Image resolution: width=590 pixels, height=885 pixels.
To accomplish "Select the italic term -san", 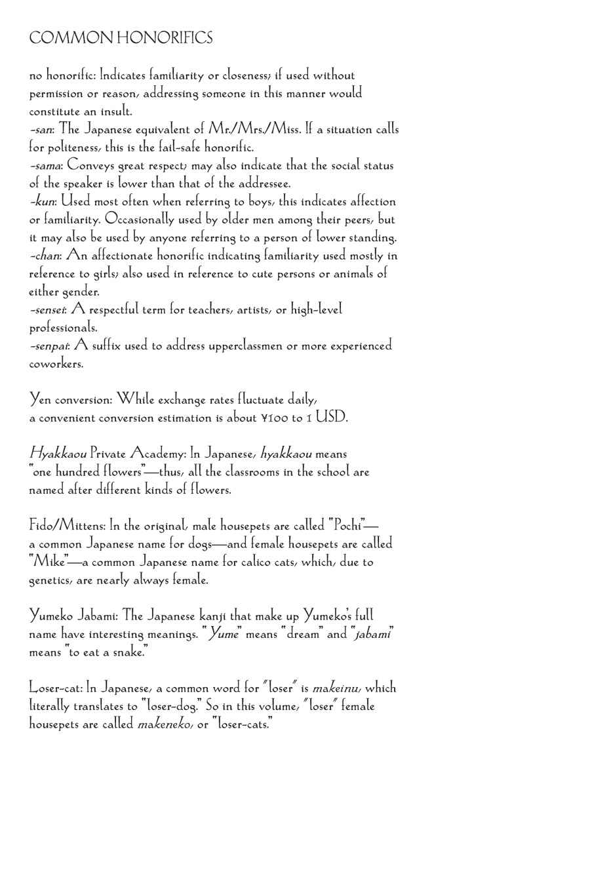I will tap(41, 130).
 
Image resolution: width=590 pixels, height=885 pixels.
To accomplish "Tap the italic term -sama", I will tap(45, 166).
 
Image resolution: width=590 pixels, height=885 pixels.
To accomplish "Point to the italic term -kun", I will tap(42, 202).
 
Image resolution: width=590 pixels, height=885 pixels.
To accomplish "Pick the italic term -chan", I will tap(45, 256).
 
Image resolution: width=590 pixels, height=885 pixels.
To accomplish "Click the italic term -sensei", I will tap(48, 309).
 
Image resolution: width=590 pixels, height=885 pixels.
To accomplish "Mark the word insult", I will tap(117, 111).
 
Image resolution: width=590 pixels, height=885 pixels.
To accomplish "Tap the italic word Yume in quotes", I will tap(223, 634).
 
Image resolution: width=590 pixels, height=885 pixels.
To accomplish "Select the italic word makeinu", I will tap(336, 688).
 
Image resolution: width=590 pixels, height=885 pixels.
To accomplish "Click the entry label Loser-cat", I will tap(55, 688).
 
